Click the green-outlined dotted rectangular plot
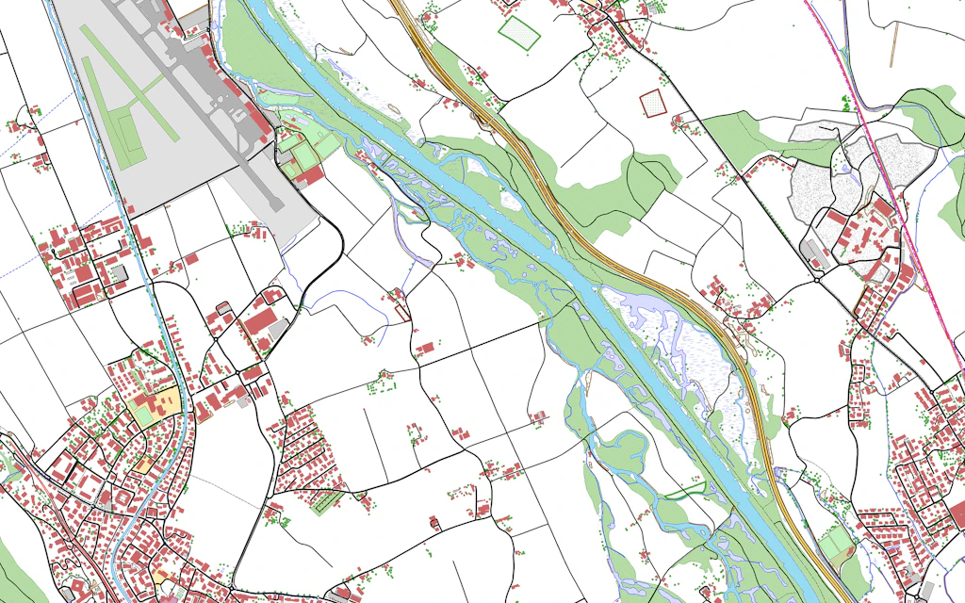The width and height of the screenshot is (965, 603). click(519, 31)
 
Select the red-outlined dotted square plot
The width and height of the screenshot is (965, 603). click(652, 102)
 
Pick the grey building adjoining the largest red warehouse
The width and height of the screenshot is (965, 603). click(279, 330)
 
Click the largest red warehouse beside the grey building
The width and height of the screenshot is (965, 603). click(261, 320)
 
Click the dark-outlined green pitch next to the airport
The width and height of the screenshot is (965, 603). click(303, 152)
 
